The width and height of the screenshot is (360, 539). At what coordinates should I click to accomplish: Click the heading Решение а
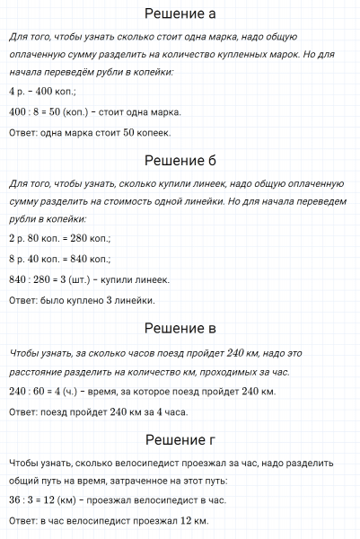(180, 14)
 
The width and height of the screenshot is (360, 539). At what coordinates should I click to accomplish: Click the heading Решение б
(180, 162)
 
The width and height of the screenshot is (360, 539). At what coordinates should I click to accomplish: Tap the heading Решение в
(180, 329)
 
